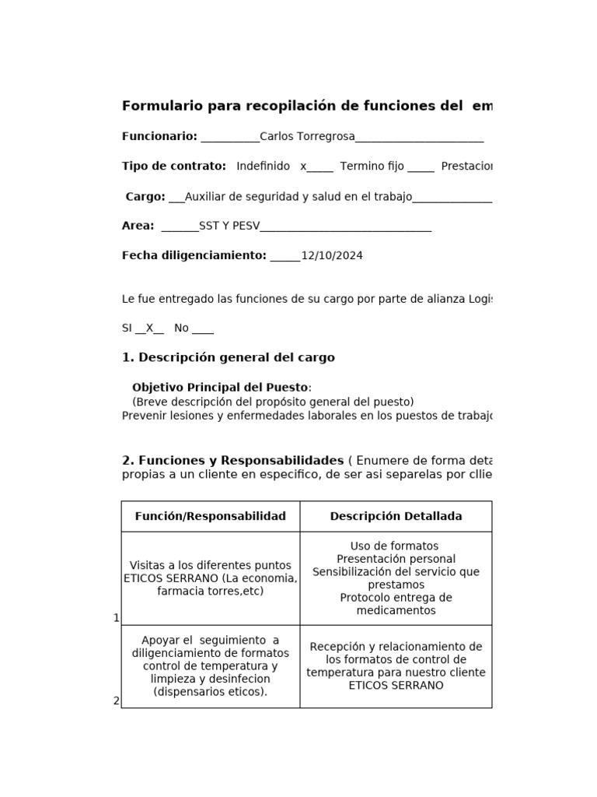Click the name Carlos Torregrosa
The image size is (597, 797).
click(x=307, y=137)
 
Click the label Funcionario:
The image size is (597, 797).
click(x=159, y=137)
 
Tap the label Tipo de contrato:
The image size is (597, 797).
click(x=174, y=167)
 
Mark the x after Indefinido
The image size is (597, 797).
click(x=303, y=167)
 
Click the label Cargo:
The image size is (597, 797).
click(x=145, y=197)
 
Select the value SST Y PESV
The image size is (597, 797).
click(x=229, y=226)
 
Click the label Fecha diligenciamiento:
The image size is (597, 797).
click(x=194, y=256)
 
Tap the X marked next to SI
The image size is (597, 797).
click(x=149, y=328)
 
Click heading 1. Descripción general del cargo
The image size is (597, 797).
click(x=229, y=358)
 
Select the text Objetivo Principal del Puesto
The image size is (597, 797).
click(x=220, y=388)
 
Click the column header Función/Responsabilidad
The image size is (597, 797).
click(x=211, y=517)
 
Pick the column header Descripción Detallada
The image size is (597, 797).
click(x=396, y=517)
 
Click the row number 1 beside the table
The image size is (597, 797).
click(x=117, y=618)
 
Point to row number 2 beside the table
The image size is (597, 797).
click(x=117, y=700)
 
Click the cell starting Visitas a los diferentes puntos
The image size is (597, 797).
click(x=211, y=578)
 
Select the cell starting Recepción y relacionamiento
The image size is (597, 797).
click(x=396, y=666)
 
